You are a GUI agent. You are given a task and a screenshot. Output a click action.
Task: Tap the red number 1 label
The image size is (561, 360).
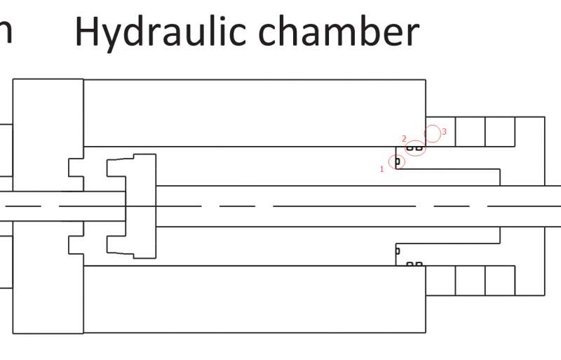[x=382, y=168]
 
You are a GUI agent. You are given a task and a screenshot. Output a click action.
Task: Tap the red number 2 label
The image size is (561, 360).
[x=404, y=138]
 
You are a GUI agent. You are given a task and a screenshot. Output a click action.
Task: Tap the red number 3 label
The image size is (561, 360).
[x=445, y=131]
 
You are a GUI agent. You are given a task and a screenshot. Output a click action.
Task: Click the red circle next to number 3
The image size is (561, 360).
[x=433, y=133]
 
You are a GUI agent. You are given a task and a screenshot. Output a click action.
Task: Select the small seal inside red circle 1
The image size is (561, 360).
[x=398, y=161]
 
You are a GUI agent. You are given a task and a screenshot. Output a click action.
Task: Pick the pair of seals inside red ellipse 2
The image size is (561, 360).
[x=415, y=148]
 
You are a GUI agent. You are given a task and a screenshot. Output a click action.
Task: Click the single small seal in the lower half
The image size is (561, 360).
[x=398, y=251]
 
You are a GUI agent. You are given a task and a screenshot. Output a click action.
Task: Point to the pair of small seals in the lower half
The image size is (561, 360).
[x=415, y=265]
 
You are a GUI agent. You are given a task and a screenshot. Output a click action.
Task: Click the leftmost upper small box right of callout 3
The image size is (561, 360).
[x=440, y=131]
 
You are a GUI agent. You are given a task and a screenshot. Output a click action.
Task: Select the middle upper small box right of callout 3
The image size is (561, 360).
[x=470, y=131]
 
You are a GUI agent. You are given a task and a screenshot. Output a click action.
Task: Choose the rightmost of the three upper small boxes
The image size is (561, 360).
[x=500, y=131]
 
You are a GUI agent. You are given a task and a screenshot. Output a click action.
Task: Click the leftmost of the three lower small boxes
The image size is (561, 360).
[x=440, y=281]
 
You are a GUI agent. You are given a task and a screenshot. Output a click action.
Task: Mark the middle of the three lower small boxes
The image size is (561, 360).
[x=470, y=281]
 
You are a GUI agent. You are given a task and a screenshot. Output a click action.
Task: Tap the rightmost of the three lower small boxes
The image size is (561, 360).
[x=500, y=281]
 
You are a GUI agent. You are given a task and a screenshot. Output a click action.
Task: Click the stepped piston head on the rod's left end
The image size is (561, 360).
[x=133, y=206]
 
